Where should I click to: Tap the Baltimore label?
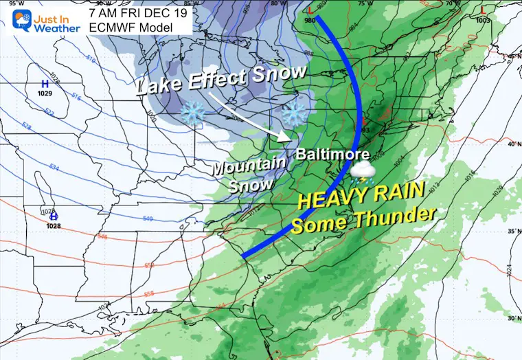click(x=332, y=155)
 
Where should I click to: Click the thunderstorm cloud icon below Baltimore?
click(x=361, y=172)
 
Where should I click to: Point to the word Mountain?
click(x=238, y=166)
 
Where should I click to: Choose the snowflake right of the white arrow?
click(x=293, y=113)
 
